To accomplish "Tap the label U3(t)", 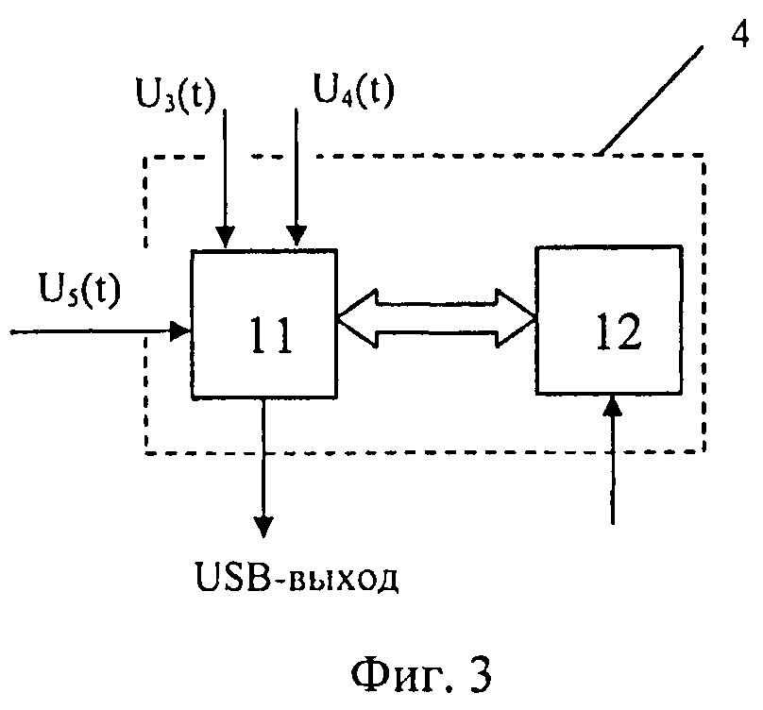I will point(175,93).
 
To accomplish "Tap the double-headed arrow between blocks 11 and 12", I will point(437,319).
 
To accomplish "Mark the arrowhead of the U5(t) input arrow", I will point(182,330).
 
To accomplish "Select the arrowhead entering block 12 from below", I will point(613,407).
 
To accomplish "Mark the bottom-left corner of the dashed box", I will point(145,453).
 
